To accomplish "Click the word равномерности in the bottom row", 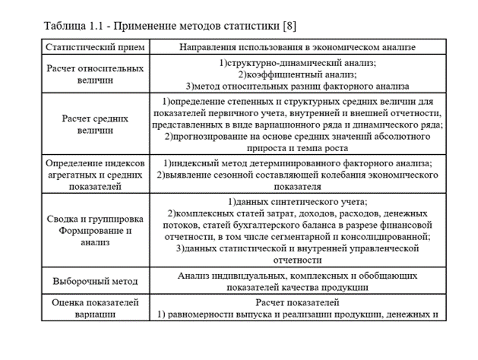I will pyautogui.click(x=205, y=314).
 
